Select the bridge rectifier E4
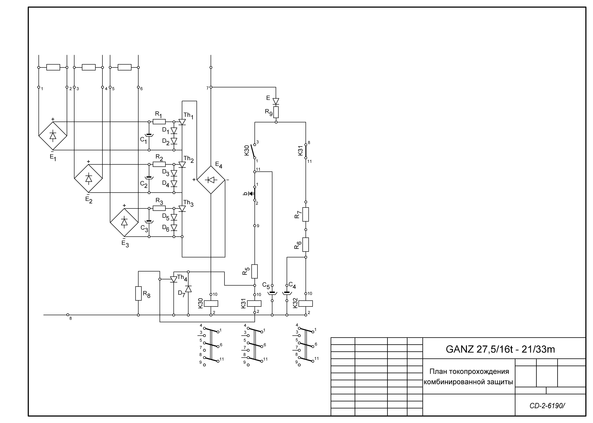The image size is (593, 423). point(211,180)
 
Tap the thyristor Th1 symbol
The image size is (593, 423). point(182,122)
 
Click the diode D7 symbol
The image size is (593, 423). point(188,289)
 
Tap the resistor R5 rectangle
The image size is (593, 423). point(254,271)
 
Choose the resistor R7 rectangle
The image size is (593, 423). point(306,214)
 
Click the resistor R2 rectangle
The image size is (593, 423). point(159,165)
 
